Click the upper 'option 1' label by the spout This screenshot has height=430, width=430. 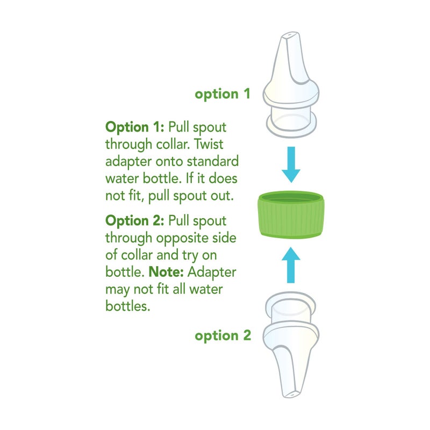coord(223,94)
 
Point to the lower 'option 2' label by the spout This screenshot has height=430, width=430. coord(223,336)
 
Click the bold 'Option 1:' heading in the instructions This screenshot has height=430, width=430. coord(135,127)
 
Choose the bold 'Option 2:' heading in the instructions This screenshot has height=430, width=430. coord(135,221)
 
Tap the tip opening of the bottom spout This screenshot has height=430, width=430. coord(291,393)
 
